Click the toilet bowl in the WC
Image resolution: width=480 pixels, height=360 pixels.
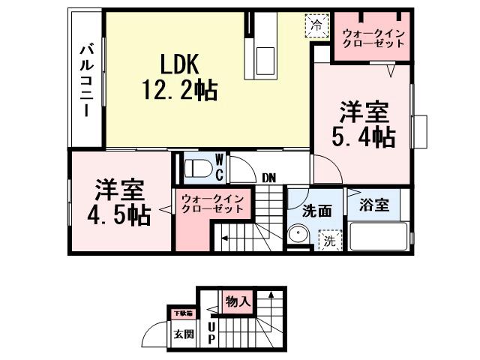198,167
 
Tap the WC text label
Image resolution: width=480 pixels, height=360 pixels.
219,167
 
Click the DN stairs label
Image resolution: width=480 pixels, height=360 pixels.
268,178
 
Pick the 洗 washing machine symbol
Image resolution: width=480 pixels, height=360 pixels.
329,241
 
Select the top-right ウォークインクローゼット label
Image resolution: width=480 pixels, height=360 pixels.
373,38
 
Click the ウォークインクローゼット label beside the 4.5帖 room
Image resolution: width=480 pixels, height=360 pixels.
212,203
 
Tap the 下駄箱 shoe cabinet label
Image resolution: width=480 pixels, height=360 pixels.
182,313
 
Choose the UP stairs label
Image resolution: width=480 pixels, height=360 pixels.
211,329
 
